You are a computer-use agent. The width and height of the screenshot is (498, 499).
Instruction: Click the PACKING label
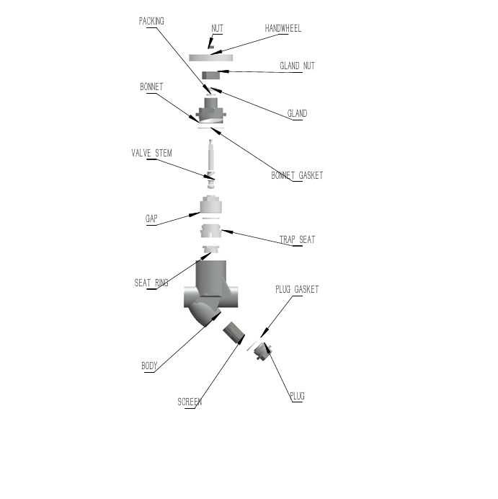point(151,22)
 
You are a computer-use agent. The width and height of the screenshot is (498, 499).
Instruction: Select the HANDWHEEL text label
point(283,29)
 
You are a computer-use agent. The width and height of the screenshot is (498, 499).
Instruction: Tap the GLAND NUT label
point(297,66)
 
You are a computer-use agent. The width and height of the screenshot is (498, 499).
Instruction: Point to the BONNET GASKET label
point(297,175)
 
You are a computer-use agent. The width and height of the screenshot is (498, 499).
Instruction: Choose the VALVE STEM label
point(152,154)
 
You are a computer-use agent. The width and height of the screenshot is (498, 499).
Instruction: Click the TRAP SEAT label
point(297,239)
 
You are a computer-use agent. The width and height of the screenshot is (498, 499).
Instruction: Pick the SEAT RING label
point(151,283)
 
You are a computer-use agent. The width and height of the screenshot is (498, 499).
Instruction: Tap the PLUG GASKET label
point(297,290)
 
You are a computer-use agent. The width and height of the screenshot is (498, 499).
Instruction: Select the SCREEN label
point(190,402)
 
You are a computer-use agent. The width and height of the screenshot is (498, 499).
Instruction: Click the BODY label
point(149,366)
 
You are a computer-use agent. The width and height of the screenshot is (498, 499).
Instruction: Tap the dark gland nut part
point(210,75)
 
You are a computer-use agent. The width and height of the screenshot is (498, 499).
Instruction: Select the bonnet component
point(210,110)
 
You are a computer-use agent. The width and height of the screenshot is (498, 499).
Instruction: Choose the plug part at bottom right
point(264,354)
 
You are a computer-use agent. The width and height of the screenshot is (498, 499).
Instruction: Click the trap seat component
point(210,232)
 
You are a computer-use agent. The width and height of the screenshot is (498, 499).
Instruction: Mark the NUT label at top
point(217,29)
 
